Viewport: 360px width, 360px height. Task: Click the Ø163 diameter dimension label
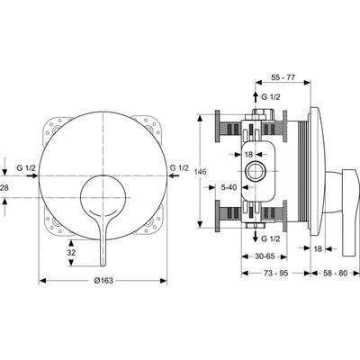click(103, 281)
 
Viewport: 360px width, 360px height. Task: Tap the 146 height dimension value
click(201, 172)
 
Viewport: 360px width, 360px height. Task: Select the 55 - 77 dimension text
click(283, 77)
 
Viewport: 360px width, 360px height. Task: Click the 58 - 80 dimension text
click(335, 273)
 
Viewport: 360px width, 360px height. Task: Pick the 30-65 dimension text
click(265, 256)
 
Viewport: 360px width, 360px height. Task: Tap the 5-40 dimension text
click(229, 187)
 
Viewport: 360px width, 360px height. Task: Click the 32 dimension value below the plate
click(71, 253)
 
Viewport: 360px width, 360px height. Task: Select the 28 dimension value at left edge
click(4, 188)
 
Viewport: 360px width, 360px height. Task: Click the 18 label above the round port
click(249, 154)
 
